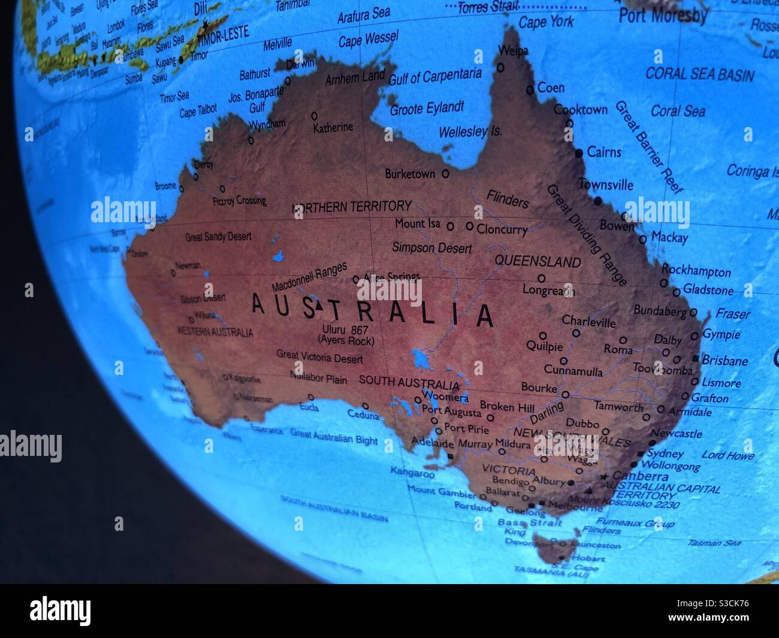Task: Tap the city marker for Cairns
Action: pos(579,153)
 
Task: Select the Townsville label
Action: pos(605,185)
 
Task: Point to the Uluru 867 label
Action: pos(345,329)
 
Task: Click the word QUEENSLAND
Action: pos(538,262)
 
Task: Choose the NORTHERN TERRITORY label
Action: pos(352,207)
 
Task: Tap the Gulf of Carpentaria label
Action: pos(435,76)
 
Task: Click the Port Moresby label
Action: pos(663,15)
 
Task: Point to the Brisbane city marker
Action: pos(695,358)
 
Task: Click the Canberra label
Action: pos(640,476)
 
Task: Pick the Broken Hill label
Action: pos(507,407)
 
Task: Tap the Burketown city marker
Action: pos(445,174)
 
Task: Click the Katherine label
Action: pos(333,128)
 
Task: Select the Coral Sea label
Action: pos(678,111)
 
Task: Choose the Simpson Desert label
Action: pos(431,247)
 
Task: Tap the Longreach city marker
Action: pos(541,278)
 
